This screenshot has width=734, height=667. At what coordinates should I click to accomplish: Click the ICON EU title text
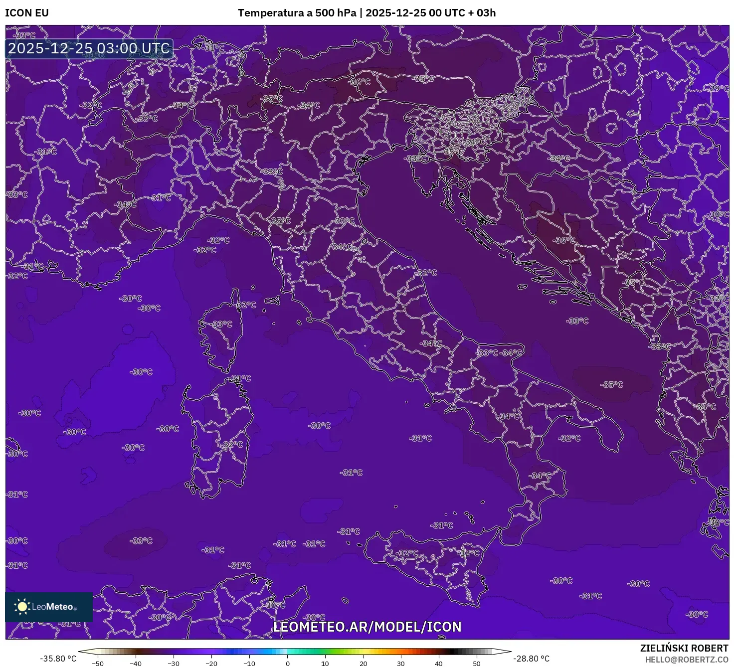coord(27,13)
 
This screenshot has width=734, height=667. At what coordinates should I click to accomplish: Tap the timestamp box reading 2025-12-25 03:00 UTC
coord(89,49)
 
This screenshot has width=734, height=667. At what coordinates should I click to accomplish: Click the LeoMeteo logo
coord(48,607)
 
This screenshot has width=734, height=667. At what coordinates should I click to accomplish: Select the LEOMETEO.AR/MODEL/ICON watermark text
coord(367,627)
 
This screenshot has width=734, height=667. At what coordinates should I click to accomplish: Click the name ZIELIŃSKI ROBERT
coord(684,648)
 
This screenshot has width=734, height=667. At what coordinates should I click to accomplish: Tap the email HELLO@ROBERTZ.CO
coord(687,660)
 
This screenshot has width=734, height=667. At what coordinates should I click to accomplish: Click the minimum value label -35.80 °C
coord(58,659)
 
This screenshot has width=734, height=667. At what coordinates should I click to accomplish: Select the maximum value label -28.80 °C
coord(532,659)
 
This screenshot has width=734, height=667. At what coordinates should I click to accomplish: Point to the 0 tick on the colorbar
coord(288,663)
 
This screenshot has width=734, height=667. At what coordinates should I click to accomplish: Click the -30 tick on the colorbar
coord(173,663)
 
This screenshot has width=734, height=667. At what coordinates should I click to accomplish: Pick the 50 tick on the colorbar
coord(477,663)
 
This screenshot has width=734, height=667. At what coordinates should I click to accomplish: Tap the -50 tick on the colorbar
coord(98,663)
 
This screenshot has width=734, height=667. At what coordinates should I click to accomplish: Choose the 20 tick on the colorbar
coord(363,663)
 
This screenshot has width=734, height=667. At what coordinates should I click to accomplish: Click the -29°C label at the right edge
coord(718,88)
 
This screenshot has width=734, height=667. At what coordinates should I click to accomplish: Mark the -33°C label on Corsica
coord(222,324)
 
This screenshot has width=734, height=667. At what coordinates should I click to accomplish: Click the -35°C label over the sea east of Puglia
coord(612,385)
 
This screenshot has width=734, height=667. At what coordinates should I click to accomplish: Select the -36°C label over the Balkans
coord(564,240)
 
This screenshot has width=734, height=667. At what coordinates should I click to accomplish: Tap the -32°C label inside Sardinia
coord(232,445)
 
